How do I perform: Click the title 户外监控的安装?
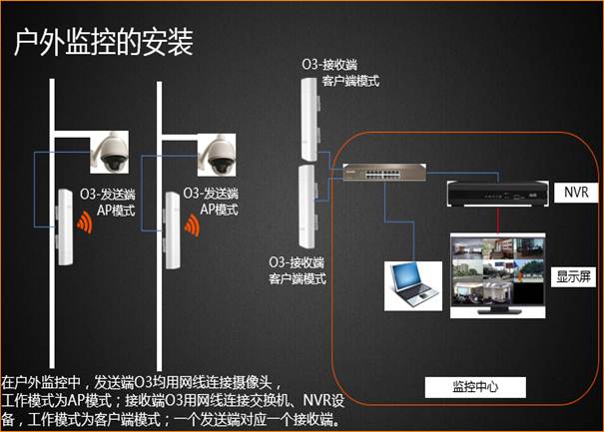[x=103, y=42]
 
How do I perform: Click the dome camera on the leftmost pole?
[x=110, y=153]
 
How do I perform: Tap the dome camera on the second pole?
[x=217, y=155]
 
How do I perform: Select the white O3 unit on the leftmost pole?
[x=65, y=227]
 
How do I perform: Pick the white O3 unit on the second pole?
[x=173, y=230]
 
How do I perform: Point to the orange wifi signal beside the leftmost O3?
[x=84, y=222]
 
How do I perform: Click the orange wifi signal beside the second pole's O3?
[x=192, y=225]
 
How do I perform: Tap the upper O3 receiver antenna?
[x=309, y=120]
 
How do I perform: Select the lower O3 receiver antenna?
[x=307, y=207]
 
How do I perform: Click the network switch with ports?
[x=384, y=173]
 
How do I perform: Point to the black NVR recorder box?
[x=498, y=194]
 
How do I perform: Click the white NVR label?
[x=576, y=193]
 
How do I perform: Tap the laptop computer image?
[x=413, y=285]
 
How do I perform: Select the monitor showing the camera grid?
[x=498, y=275]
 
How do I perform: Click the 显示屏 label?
[x=573, y=276]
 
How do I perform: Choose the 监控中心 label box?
[x=475, y=387]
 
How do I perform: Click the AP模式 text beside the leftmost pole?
[x=116, y=211]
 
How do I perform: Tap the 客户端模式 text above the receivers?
[x=350, y=81]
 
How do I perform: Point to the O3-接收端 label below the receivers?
[x=297, y=263]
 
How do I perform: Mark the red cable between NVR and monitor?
[x=498, y=219]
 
